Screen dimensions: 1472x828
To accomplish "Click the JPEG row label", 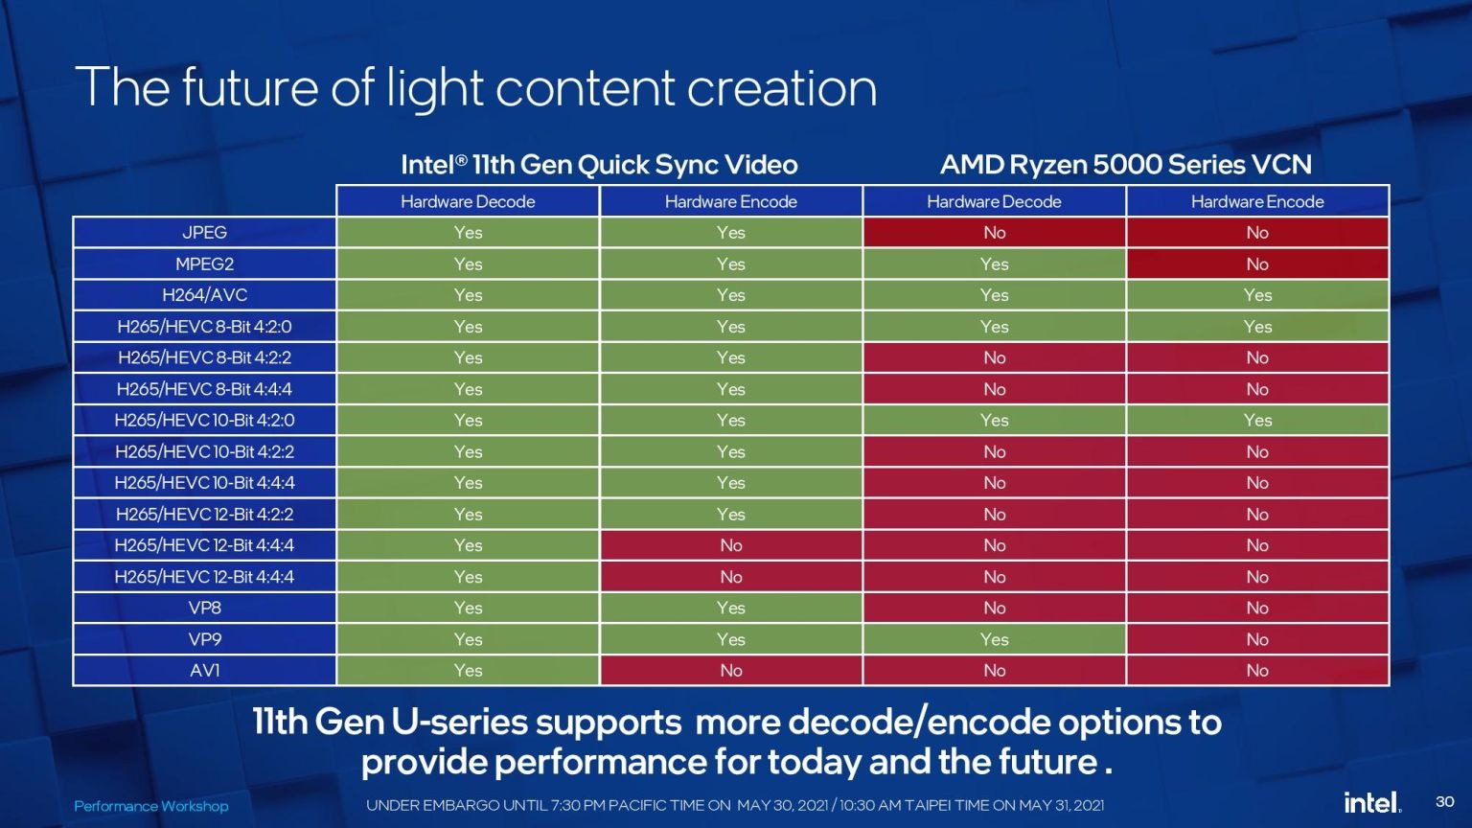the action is [x=204, y=233].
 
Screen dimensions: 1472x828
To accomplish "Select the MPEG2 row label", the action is [x=204, y=264].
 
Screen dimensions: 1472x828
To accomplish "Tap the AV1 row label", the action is [x=204, y=670].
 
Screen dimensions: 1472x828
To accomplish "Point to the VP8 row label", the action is [x=204, y=608].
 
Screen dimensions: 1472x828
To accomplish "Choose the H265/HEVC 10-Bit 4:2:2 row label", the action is [x=204, y=451].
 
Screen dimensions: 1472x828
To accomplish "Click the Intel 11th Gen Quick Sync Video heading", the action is [x=599, y=164].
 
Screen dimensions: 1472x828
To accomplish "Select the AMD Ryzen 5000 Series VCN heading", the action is [x=1126, y=164].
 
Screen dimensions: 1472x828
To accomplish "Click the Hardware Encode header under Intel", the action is [x=731, y=202].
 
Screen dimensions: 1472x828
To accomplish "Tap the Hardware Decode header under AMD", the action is [x=994, y=202].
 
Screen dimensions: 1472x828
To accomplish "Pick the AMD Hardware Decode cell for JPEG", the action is [x=994, y=233].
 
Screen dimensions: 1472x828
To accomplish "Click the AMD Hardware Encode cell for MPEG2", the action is [x=1257, y=264].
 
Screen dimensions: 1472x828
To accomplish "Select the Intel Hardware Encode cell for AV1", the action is [x=731, y=670].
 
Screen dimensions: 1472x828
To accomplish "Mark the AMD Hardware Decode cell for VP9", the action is [x=994, y=639].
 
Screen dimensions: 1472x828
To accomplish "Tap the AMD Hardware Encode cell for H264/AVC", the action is [x=1257, y=295].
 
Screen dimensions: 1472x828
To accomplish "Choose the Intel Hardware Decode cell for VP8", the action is [x=468, y=608].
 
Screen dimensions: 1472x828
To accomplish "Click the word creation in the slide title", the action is [x=782, y=88].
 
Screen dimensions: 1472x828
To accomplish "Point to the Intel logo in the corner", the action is [x=1372, y=802].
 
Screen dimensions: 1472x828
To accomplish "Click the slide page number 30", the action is [x=1445, y=802].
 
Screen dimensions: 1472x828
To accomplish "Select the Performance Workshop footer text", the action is [x=151, y=806].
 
